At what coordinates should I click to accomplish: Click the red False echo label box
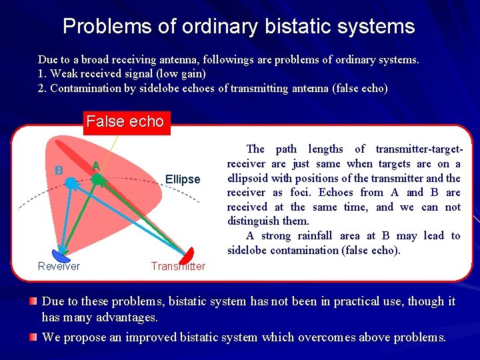click(x=125, y=122)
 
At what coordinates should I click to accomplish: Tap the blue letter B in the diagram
click(x=59, y=171)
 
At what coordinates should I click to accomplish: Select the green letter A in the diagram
click(x=96, y=166)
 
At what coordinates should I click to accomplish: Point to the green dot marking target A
click(x=97, y=179)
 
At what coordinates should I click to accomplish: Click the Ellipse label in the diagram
click(x=182, y=179)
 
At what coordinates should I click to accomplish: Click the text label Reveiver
click(x=59, y=267)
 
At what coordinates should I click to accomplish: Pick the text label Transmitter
click(x=178, y=267)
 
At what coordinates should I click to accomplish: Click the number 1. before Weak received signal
click(x=42, y=74)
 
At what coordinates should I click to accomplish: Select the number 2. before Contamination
click(x=42, y=88)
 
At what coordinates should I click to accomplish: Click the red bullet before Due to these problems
click(x=33, y=302)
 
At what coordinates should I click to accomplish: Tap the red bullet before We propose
click(x=33, y=337)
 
